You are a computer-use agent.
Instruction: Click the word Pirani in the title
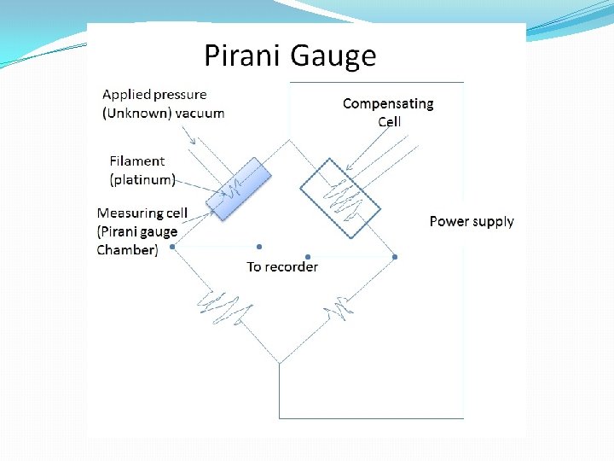pyautogui.click(x=243, y=55)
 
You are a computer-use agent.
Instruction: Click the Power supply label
pyautogui.click(x=472, y=221)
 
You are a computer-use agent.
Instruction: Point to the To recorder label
pyautogui.click(x=282, y=266)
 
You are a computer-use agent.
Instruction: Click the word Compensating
pyautogui.click(x=388, y=103)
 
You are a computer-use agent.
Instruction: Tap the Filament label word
pyautogui.click(x=137, y=160)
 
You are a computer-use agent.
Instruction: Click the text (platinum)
pyautogui.click(x=143, y=179)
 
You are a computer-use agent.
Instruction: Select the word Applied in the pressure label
pyautogui.click(x=125, y=95)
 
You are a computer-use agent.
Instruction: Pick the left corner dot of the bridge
pyautogui.click(x=172, y=247)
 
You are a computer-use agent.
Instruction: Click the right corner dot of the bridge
pyautogui.click(x=395, y=256)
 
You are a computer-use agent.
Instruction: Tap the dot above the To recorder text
pyautogui.click(x=258, y=248)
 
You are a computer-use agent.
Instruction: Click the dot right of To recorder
pyautogui.click(x=308, y=256)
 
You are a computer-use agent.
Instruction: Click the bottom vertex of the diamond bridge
pyautogui.click(x=280, y=364)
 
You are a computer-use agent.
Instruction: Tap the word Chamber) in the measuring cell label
pyautogui.click(x=127, y=250)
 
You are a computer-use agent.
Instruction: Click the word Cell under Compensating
pyautogui.click(x=390, y=121)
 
